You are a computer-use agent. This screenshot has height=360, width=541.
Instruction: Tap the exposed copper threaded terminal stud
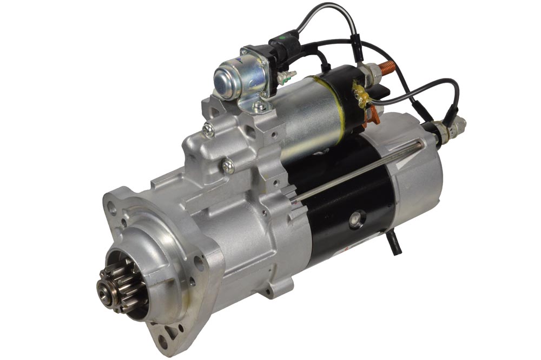click(386, 69)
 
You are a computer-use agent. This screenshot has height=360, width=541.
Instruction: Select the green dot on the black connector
click(280, 41)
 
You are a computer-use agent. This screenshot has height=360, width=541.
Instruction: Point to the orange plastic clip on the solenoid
click(372, 115)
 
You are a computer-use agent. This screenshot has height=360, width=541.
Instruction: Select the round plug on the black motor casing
click(357, 218)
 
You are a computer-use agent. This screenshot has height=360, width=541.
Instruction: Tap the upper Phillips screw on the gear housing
click(209, 129)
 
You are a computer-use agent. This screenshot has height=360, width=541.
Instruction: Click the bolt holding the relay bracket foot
click(261, 107)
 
